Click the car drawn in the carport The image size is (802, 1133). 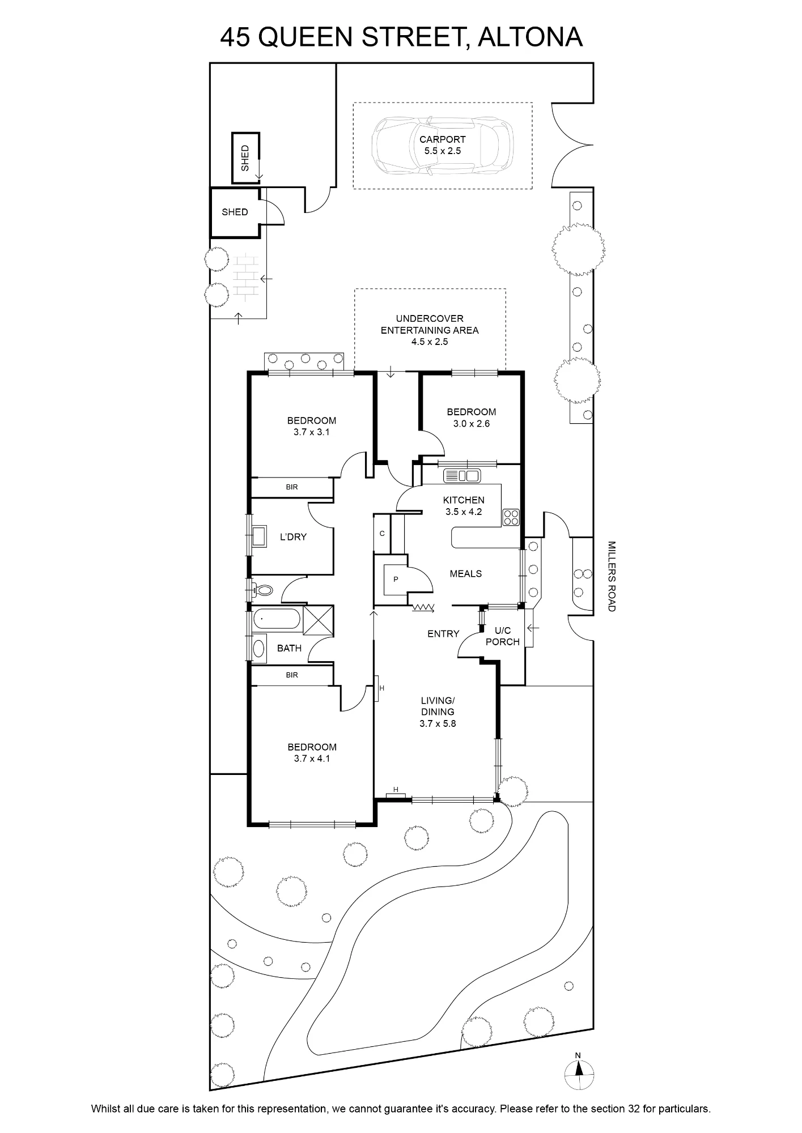coord(443,145)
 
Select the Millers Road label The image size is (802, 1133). coord(611,576)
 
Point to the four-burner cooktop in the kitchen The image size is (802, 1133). coord(511,517)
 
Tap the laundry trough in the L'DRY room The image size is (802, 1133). coord(260,536)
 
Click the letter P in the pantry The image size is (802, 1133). coord(396,580)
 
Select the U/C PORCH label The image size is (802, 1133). coord(503,636)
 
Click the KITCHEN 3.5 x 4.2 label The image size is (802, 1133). coord(464,506)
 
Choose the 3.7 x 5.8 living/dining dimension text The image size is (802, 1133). coord(438,723)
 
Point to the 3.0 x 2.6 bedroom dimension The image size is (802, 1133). coord(471,424)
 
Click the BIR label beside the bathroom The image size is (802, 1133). coord(292,675)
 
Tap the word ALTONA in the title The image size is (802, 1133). coord(530,37)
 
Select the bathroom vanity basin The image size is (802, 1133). coord(259,649)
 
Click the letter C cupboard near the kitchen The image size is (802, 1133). coord(382,533)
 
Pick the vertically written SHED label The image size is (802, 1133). coord(245,158)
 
